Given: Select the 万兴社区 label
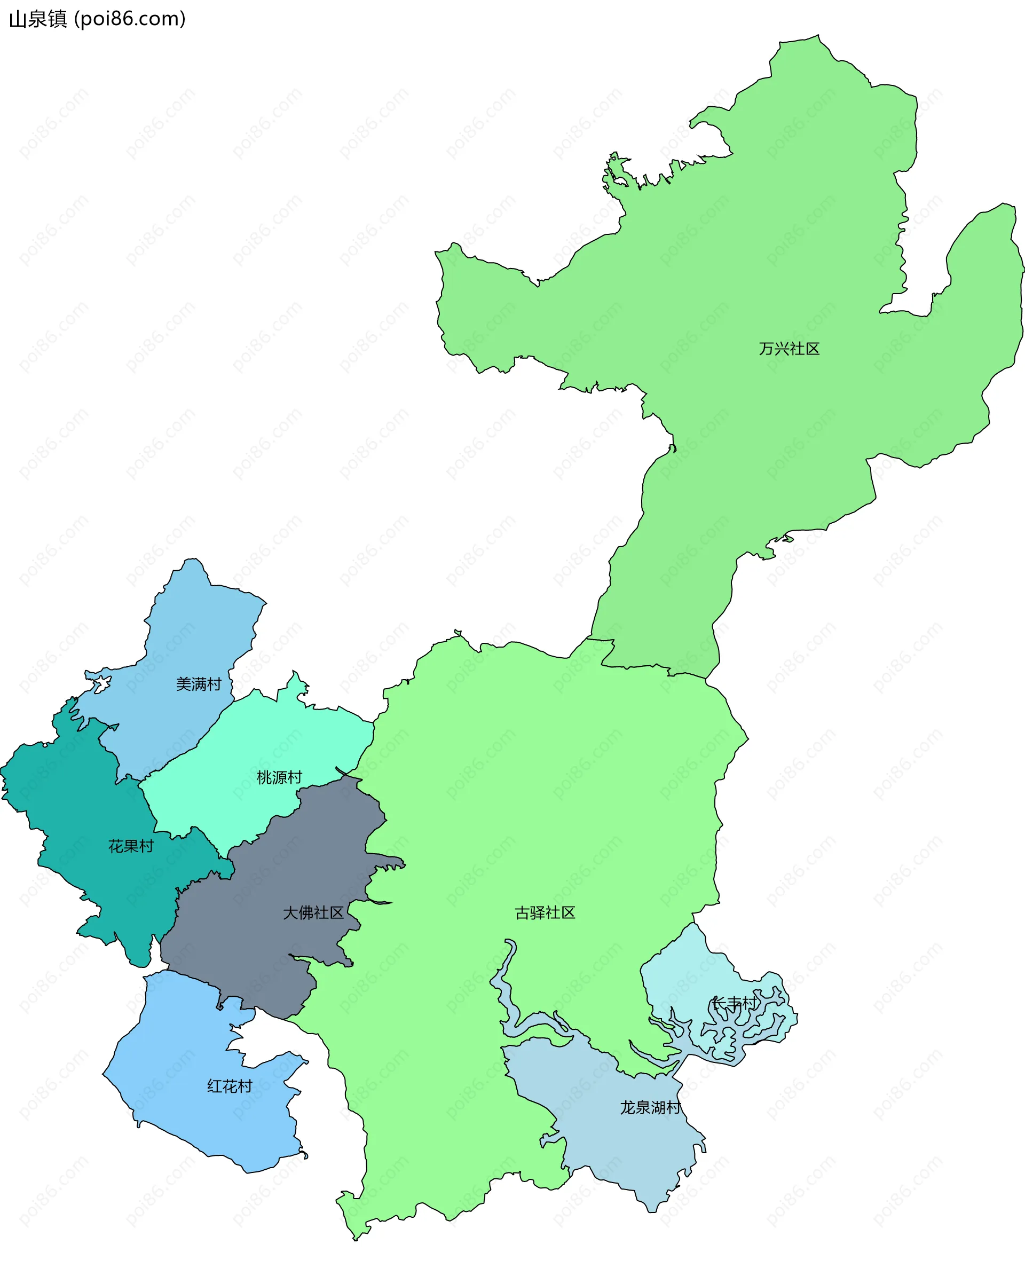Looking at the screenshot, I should (x=789, y=349).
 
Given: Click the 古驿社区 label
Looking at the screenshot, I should (x=545, y=912).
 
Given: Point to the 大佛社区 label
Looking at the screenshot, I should (x=312, y=912).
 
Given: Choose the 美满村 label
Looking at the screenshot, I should (x=198, y=684).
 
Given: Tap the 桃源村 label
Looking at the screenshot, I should (x=279, y=777).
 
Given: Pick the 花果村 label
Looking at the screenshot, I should (x=130, y=846).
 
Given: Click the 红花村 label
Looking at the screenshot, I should (x=230, y=1086).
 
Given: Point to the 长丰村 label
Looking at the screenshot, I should (x=734, y=1003).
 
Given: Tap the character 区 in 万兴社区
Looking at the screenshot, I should (x=812, y=349).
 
